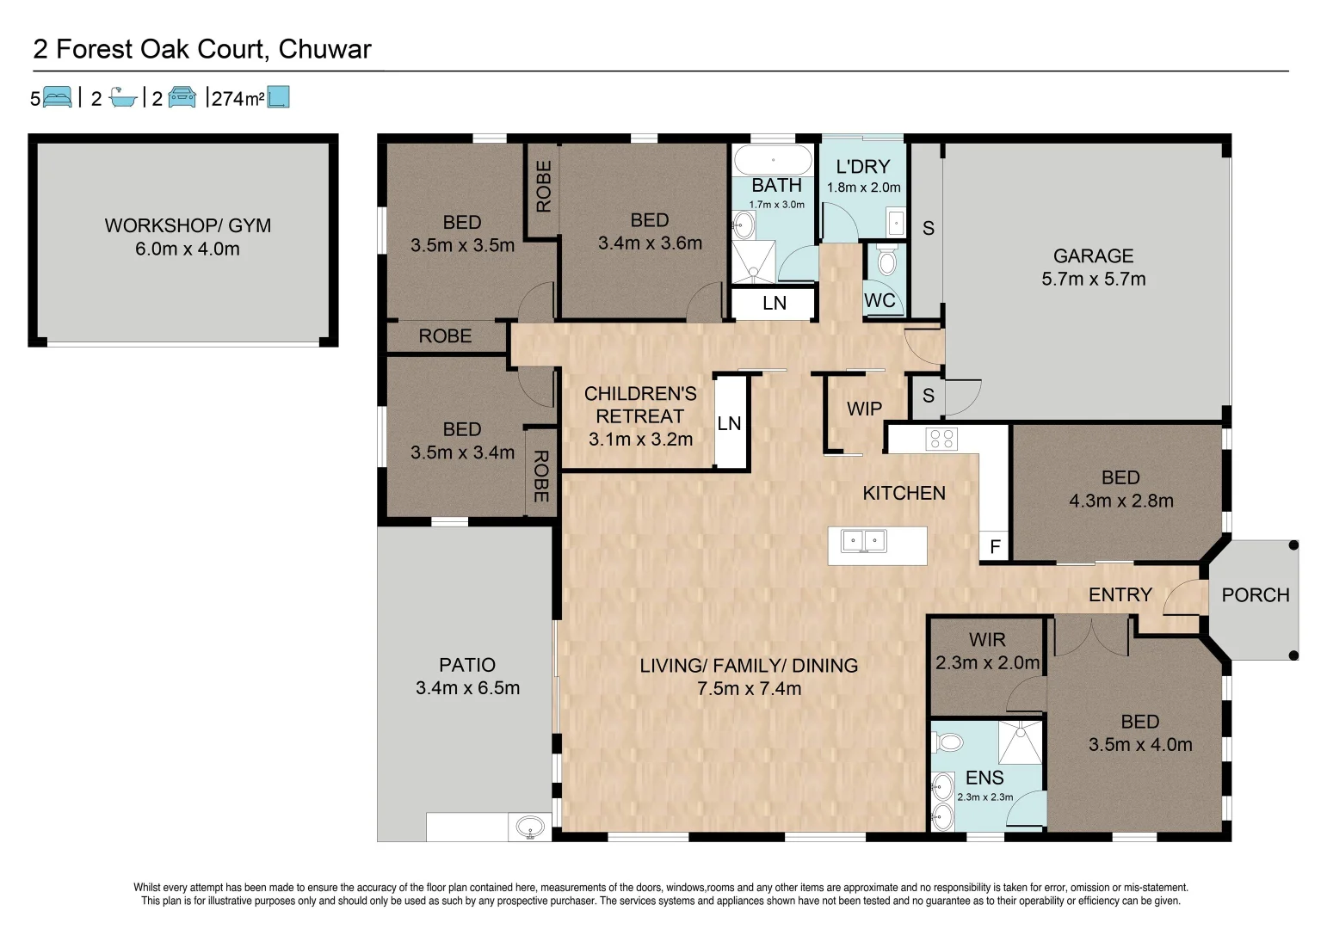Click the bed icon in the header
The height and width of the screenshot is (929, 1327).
click(x=58, y=97)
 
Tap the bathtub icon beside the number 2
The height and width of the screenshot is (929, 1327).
click(x=123, y=97)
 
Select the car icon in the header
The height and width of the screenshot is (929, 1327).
click(x=182, y=97)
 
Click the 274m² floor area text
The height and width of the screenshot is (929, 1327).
click(x=238, y=98)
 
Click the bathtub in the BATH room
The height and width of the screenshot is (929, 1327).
click(x=773, y=160)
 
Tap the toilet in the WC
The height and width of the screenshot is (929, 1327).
click(x=887, y=261)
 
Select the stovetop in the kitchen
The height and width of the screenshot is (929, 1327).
click(x=941, y=440)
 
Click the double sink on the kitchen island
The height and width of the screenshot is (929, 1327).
click(x=864, y=541)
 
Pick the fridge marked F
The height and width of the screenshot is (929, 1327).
click(x=995, y=546)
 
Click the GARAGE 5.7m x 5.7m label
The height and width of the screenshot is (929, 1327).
click(x=1094, y=267)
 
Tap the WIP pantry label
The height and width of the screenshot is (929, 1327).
click(x=864, y=409)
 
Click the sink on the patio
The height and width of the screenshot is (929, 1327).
click(x=530, y=827)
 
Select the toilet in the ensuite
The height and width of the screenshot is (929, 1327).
click(x=947, y=741)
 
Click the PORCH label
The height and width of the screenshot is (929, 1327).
click(x=1256, y=595)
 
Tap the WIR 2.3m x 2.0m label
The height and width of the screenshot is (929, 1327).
click(x=988, y=651)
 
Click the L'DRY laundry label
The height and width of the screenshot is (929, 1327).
click(x=863, y=167)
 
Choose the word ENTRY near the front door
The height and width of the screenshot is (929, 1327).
click(x=1120, y=594)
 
